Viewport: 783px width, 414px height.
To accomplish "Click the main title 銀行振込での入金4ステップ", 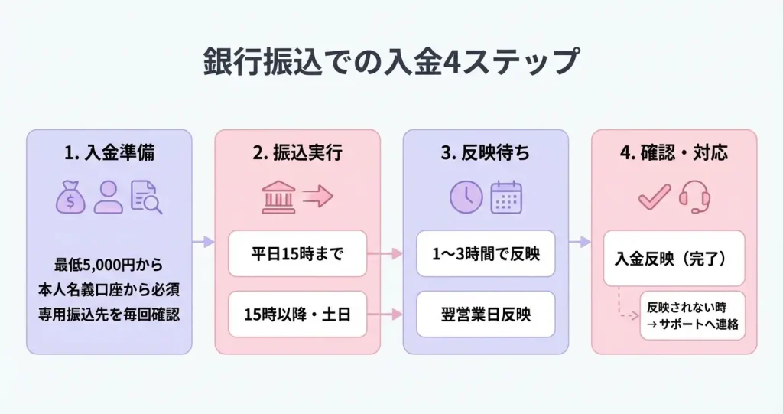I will pyautogui.click(x=391, y=62).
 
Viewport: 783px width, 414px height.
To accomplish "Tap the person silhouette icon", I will pyautogui.click(x=109, y=197).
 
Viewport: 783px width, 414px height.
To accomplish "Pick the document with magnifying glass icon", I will pyautogui.click(x=146, y=197).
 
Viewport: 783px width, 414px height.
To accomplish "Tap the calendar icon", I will pyautogui.click(x=505, y=197).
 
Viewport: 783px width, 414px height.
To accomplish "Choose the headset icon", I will pyautogui.click(x=694, y=197).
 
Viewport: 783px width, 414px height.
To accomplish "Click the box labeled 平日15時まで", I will pyautogui.click(x=297, y=253).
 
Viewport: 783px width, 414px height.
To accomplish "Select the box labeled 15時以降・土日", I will pyautogui.click(x=297, y=314).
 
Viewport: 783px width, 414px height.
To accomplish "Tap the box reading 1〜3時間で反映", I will pyautogui.click(x=486, y=253).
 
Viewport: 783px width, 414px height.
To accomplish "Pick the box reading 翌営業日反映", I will pyautogui.click(x=486, y=314).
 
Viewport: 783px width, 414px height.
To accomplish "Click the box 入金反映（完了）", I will pyautogui.click(x=674, y=258).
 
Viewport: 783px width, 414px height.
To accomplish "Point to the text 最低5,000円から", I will pyautogui.click(x=109, y=266).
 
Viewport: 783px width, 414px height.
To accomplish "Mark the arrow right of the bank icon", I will pyautogui.click(x=318, y=197).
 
